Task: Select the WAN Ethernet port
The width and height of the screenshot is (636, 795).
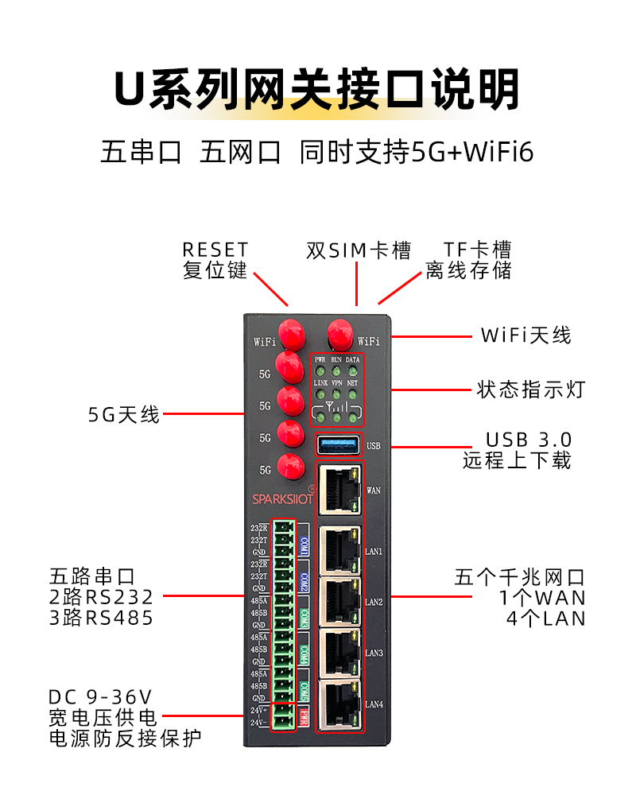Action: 339,489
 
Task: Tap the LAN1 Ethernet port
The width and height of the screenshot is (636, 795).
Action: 339,549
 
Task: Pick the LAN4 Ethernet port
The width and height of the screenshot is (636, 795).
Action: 339,705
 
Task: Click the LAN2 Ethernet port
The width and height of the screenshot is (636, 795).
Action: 339,602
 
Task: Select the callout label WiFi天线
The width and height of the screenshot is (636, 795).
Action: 525,335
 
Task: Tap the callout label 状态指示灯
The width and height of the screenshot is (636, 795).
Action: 531,390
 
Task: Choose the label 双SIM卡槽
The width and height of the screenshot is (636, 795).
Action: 359,250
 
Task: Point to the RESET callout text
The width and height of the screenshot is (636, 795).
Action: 215,250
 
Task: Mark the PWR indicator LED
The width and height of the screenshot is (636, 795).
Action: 320,370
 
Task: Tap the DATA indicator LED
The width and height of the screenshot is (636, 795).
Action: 352,370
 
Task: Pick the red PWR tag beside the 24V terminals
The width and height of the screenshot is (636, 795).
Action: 304,715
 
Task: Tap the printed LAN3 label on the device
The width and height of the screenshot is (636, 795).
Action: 374,653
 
